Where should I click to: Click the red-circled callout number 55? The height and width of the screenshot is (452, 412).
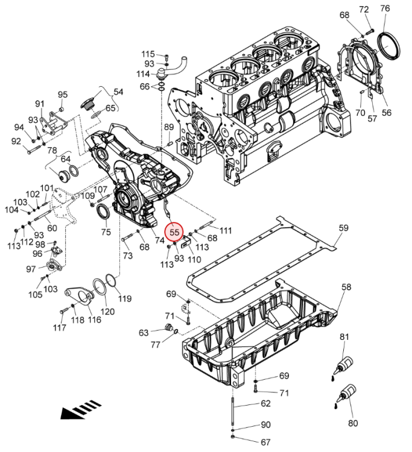click(175, 231)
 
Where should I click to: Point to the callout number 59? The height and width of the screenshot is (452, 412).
click(344, 228)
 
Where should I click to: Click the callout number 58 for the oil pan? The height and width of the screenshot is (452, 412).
click(346, 288)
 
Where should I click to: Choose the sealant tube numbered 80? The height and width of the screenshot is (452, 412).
click(346, 394)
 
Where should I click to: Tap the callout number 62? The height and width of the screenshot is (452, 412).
click(266, 404)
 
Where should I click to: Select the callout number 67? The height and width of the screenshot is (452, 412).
click(266, 442)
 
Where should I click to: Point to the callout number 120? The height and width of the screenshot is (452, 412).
click(107, 312)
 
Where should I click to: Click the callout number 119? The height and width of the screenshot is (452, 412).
click(124, 298)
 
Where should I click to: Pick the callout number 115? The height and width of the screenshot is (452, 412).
click(148, 54)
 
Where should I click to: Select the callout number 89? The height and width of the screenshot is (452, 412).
click(169, 127)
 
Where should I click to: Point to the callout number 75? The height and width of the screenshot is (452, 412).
click(106, 232)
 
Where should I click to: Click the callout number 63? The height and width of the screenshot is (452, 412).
click(144, 333)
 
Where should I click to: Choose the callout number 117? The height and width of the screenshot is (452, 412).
click(59, 328)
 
